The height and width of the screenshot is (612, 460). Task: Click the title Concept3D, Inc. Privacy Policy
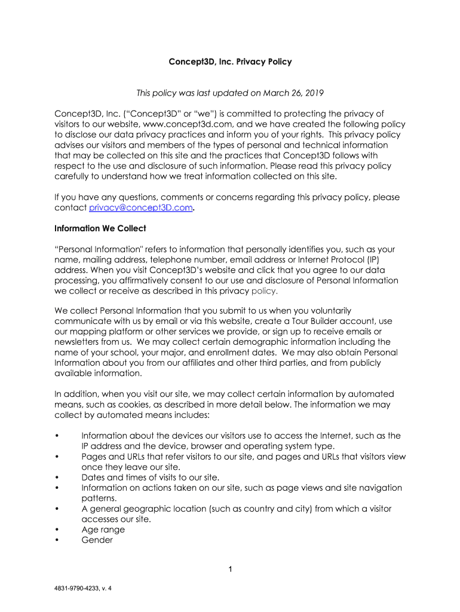[230, 62]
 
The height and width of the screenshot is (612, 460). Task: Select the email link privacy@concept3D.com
[141, 207]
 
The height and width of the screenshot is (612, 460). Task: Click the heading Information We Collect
[100, 228]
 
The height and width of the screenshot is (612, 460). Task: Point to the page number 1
[230, 570]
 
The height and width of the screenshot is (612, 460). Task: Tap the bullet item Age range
[103, 530]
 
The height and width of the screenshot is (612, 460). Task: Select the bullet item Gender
[97, 540]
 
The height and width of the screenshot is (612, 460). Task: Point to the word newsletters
[78, 342]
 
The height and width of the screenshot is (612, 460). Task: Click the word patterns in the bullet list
[100, 498]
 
